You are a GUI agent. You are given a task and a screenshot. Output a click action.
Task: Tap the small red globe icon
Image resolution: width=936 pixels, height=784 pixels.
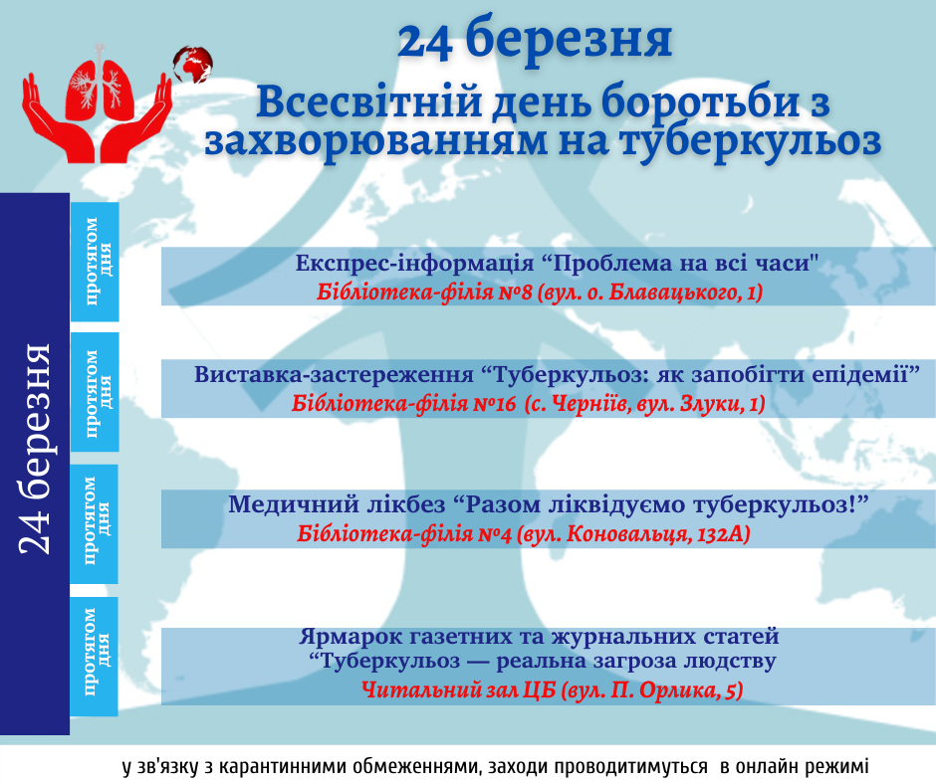[193, 64]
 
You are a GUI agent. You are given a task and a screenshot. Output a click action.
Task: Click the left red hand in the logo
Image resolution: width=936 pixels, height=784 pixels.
[58, 119]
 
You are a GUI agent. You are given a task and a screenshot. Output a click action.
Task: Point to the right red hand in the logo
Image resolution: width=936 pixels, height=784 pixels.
[137, 119]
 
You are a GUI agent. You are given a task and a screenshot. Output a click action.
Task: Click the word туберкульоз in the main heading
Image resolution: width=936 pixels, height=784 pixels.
[751, 141]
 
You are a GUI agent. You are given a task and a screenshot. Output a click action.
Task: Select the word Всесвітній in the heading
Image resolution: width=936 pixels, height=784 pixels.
[368, 101]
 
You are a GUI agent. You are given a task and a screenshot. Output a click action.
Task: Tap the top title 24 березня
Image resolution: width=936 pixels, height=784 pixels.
[535, 40]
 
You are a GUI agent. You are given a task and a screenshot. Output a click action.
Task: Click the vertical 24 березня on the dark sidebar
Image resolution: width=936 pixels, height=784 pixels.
[35, 449]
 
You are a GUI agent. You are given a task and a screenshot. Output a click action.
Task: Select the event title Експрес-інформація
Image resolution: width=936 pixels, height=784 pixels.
[414, 263]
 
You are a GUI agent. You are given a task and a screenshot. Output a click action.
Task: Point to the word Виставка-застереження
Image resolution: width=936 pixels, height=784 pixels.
[334, 375]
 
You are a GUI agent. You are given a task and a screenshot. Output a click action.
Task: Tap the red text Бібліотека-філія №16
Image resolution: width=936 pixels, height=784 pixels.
[403, 404]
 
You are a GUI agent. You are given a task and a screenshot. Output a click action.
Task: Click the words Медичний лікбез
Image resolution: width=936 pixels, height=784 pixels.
[337, 504]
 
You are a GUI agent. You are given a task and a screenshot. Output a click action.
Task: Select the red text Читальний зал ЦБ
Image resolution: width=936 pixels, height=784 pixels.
[458, 690]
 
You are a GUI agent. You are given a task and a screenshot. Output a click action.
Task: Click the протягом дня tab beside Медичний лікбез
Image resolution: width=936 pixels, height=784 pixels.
[95, 524]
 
